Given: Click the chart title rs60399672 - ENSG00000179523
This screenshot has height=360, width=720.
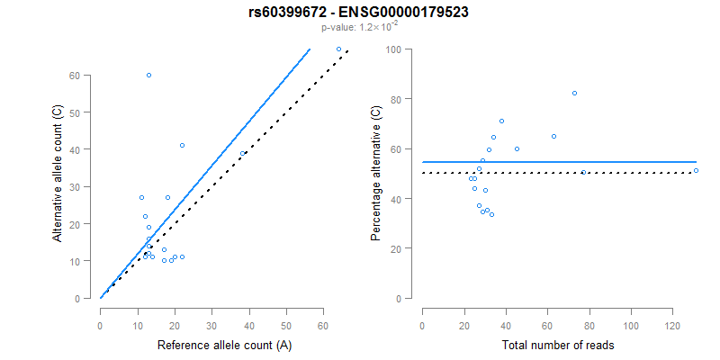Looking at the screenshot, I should (x=359, y=12).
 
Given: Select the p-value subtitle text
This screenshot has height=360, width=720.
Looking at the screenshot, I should (x=359, y=27).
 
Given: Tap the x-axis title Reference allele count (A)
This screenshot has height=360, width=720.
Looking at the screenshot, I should (x=224, y=345).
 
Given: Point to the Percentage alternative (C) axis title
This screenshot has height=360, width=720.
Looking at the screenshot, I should (x=376, y=174).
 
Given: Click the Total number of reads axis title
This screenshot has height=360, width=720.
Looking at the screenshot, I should (x=558, y=345).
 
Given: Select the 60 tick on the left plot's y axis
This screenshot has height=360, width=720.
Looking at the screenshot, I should (x=84, y=76).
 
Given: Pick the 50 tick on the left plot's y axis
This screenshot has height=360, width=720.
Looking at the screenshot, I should (x=84, y=112).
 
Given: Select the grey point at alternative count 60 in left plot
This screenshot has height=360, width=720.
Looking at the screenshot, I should (x=148, y=75).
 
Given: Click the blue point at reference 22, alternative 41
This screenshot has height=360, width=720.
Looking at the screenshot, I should (x=182, y=145).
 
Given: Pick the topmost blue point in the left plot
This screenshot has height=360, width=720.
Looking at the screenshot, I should (x=338, y=49).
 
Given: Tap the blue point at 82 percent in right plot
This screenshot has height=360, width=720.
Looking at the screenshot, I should (x=574, y=94).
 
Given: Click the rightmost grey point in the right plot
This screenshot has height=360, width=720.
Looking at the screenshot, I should (x=696, y=170).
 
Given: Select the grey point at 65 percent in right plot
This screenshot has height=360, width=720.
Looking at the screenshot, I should (x=553, y=136).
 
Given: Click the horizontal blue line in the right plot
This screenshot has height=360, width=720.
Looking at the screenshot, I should (x=558, y=162).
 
